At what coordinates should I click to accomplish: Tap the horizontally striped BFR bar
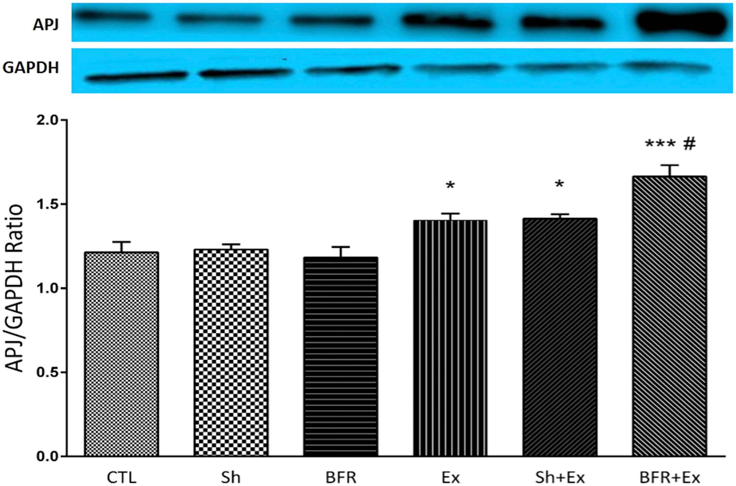pyautogui.click(x=341, y=356)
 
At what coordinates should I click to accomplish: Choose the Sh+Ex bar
pyautogui.click(x=560, y=337)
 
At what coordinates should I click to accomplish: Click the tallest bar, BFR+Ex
pyautogui.click(x=670, y=316)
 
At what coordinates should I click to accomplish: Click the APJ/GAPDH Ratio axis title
pyautogui.click(x=15, y=288)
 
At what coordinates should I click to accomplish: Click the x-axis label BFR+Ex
pyautogui.click(x=670, y=478)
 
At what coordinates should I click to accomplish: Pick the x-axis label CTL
pyautogui.click(x=121, y=478)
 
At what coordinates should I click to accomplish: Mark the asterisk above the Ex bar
pyautogui.click(x=450, y=186)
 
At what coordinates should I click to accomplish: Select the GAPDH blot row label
pyautogui.click(x=31, y=68)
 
